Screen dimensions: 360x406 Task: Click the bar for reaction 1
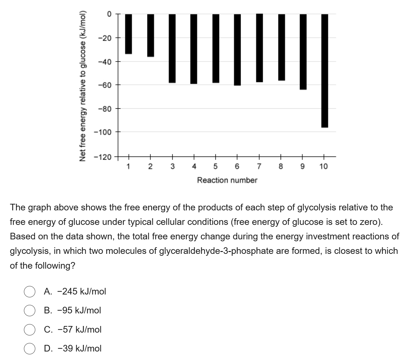pos(129,34)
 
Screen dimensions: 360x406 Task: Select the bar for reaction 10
pos(324,71)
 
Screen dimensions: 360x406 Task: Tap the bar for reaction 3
pos(172,48)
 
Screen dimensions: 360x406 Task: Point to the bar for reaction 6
pos(237,49)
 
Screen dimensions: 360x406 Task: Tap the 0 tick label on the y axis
pos(109,14)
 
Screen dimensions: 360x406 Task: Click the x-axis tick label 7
pos(259,166)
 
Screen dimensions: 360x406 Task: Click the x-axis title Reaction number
pos(227,180)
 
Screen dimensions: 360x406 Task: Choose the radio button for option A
pos(29,292)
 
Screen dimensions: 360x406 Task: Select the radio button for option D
pos(29,349)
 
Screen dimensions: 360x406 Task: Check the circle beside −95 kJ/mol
pos(29,311)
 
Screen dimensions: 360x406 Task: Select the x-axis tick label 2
pos(150,166)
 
